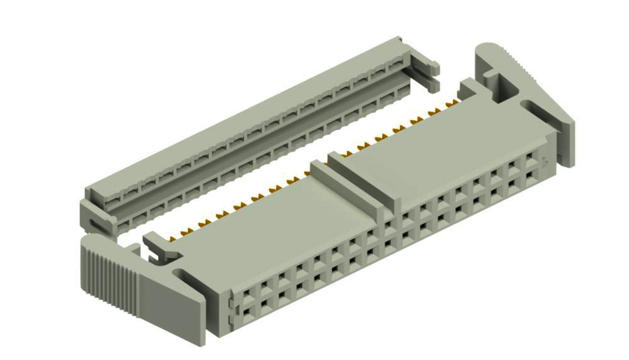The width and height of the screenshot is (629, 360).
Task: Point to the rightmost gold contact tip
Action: [x=454, y=102]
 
